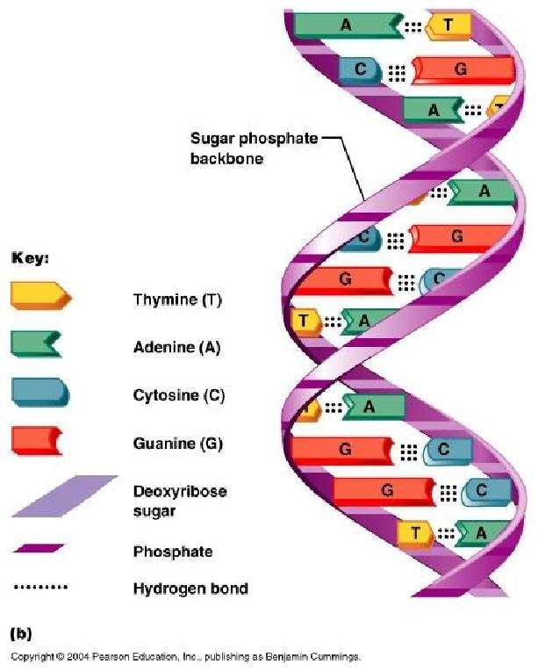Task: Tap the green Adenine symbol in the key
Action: pyautogui.click(x=36, y=343)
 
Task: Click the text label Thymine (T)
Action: pyautogui.click(x=177, y=300)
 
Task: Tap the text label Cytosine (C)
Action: pyautogui.click(x=179, y=395)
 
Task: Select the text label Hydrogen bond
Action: pyautogui.click(x=190, y=589)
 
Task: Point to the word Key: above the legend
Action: pyautogui.click(x=30, y=259)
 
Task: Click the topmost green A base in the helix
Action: pyautogui.click(x=347, y=25)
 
